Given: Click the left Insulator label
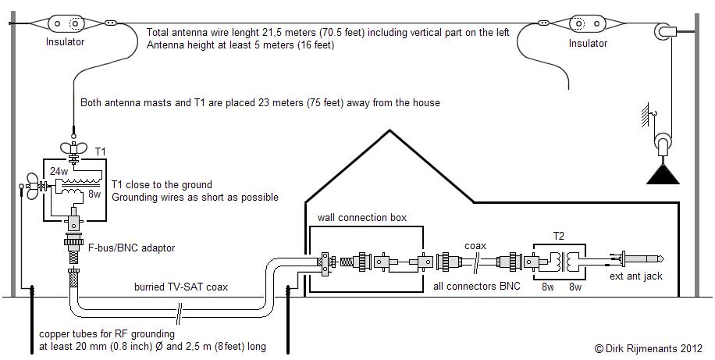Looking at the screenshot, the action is click(x=66, y=42).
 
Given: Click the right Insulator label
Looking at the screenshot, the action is click(x=588, y=44).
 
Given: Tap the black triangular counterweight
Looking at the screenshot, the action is click(x=663, y=174).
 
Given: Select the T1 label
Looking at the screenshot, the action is click(x=101, y=151).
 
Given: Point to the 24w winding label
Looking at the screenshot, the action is click(x=59, y=172).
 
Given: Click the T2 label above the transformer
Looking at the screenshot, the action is click(x=558, y=236).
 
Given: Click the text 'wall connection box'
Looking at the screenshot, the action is click(x=362, y=218).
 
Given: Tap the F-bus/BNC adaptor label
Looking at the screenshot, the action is click(x=131, y=248).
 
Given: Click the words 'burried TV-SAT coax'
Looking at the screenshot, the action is click(x=181, y=287).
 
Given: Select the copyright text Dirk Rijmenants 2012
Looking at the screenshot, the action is click(x=649, y=348).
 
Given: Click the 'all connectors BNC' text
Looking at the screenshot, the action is click(x=476, y=287).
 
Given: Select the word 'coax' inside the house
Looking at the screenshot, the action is click(x=475, y=246).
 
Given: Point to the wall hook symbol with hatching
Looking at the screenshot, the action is click(x=646, y=115).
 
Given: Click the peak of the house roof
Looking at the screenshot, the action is click(x=390, y=130).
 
